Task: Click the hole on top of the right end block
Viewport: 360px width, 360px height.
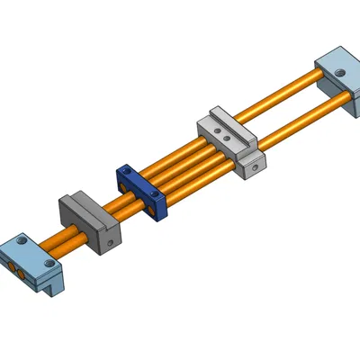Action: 340,72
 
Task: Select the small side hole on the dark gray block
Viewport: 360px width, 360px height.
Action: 107,240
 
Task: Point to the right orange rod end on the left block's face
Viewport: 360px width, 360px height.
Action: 20,273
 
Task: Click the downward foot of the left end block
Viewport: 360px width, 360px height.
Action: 55,285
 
